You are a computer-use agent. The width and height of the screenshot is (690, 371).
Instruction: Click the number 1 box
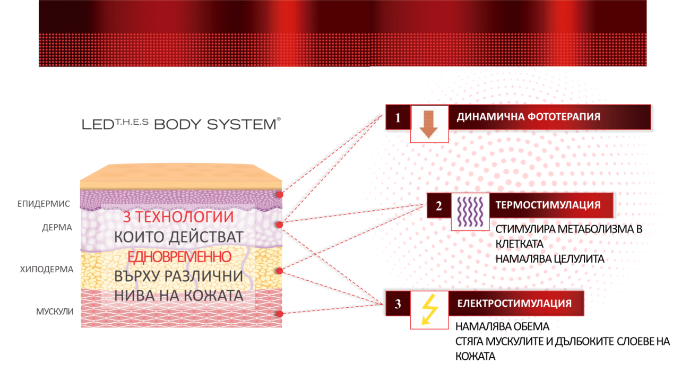398,117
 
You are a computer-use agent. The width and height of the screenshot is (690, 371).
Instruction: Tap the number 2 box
439,205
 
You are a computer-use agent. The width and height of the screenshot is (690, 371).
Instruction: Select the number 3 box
398,304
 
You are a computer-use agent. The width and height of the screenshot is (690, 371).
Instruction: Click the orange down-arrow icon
429,124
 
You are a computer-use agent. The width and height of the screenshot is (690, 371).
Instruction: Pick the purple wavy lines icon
470,211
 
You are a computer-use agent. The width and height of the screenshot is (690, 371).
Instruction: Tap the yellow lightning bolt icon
429,310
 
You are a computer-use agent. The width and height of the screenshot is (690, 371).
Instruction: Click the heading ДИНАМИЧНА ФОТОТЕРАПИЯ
528,117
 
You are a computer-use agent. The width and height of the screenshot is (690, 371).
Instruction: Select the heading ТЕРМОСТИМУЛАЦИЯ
548,205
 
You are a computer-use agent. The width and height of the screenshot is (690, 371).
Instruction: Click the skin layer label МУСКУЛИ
54,311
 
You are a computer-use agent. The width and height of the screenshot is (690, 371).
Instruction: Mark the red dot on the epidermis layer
280,195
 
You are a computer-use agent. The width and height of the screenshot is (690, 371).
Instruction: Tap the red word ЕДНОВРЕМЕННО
179,257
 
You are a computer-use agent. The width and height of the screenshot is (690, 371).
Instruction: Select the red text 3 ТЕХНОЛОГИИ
178,217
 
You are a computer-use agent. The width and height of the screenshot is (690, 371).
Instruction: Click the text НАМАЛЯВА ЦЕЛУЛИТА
550,258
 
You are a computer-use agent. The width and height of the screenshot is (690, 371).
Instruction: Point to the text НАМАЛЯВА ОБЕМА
502,326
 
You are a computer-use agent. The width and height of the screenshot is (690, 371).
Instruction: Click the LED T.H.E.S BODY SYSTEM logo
180,124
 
